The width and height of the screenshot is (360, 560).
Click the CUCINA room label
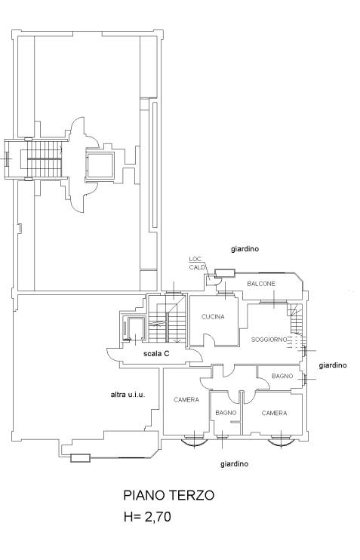213,316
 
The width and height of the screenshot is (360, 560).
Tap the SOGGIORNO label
269,340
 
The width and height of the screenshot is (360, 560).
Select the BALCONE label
261,283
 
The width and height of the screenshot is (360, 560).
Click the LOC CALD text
196,263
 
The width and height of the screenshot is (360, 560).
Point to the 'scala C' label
155,352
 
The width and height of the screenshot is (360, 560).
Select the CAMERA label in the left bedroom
186,399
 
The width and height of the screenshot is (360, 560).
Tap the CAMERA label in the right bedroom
274,413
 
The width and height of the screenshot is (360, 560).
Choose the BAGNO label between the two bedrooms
226,413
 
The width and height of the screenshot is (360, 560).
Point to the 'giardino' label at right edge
332,365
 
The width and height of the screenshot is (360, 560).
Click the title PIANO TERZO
169,496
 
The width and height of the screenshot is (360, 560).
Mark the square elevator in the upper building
99,163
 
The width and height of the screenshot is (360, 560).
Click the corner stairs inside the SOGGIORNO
296,325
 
